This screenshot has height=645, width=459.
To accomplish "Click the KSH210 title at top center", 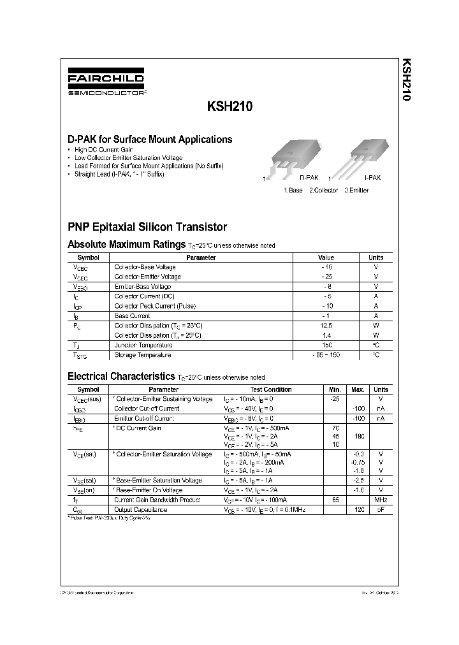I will coord(229,108).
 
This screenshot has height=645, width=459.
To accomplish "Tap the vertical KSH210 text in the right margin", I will coord(406,82).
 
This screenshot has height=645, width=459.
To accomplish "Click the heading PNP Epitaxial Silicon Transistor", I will coord(147,226).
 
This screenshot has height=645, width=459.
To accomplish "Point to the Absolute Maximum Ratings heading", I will coord(127,244).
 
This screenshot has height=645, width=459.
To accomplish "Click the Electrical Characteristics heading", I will coord(121,377).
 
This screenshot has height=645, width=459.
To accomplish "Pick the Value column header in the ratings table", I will coord(326,257).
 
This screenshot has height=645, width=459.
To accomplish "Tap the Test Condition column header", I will coord(270,389).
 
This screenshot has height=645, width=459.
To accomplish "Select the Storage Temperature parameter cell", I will coord(142,355).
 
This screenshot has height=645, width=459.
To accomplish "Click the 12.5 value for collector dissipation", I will coord(326,325).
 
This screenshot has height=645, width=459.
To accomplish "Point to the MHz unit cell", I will coord(381,500).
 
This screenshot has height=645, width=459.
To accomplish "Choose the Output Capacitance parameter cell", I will coord(140,510).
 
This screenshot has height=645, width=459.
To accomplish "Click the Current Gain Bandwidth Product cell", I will coord(157,500).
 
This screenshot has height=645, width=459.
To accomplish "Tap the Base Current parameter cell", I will coord(132,315).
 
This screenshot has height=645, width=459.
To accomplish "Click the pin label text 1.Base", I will coord(293,191).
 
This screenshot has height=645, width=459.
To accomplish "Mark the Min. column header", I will coord(335,389).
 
